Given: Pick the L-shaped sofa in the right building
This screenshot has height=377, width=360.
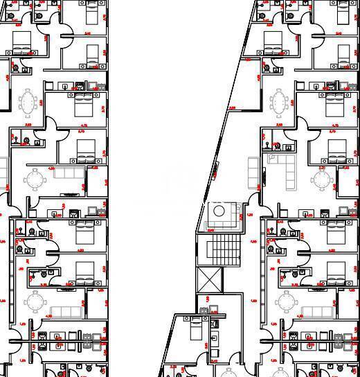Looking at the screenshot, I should [x=280, y=166].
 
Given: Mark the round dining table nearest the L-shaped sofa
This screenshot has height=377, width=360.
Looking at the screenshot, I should [x=320, y=179].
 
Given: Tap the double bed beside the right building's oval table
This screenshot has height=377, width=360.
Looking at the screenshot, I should [x=336, y=105].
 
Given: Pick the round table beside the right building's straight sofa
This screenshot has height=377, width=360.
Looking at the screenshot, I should [x=285, y=301].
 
